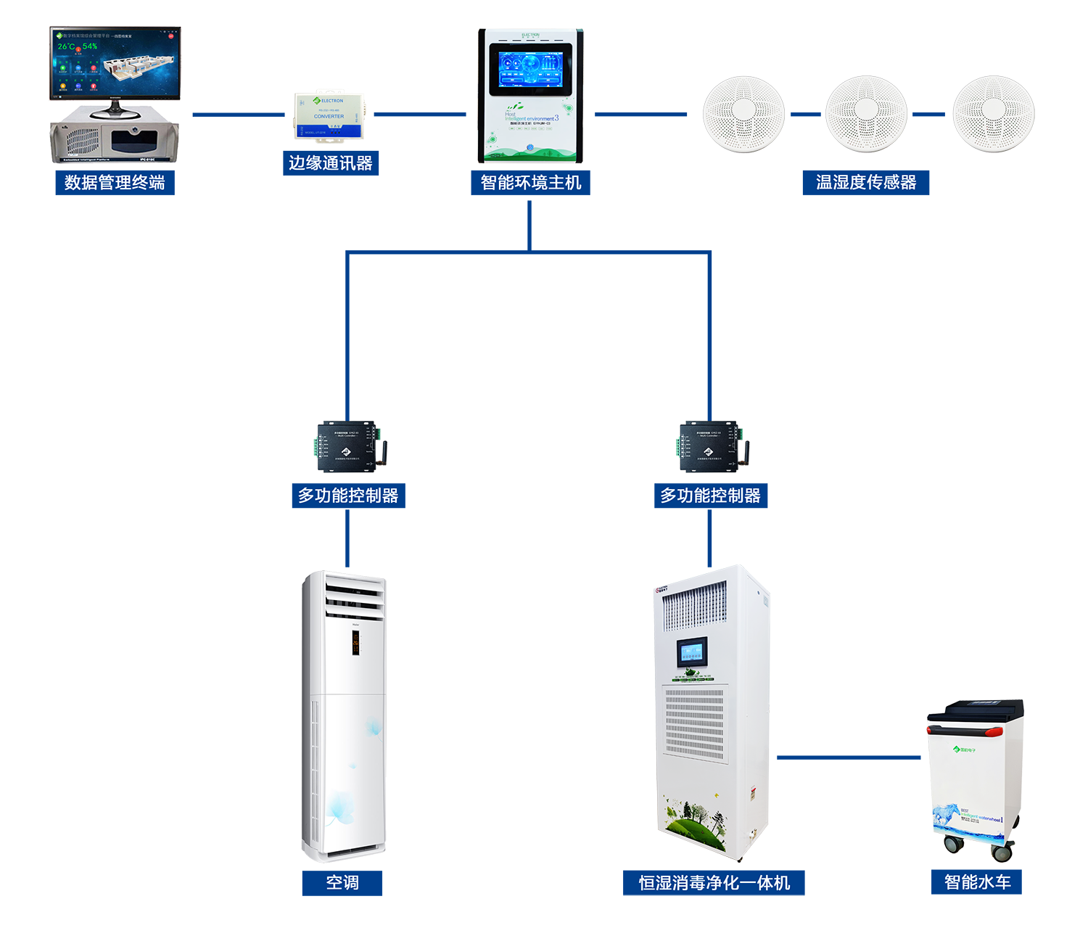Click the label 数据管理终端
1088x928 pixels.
(115, 183)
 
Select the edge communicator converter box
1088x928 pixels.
(329, 115)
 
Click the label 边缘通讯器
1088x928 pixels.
(330, 163)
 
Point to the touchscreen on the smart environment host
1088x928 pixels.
(530, 69)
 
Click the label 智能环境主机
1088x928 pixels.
(531, 183)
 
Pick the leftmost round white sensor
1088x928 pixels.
(743, 114)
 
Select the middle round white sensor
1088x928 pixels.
(866, 114)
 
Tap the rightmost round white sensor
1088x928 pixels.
(994, 114)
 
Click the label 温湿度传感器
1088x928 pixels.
(866, 183)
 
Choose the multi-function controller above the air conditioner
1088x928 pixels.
(347, 445)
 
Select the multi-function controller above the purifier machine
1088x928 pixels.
(709, 445)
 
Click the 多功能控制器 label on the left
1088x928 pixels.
(348, 496)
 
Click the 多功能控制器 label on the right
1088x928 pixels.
(710, 496)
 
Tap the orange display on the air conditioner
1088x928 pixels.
(356, 643)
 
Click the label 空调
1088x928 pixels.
(342, 882)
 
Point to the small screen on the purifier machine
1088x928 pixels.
(691, 652)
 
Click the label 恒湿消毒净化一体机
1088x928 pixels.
(714, 883)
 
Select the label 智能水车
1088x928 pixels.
(977, 882)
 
